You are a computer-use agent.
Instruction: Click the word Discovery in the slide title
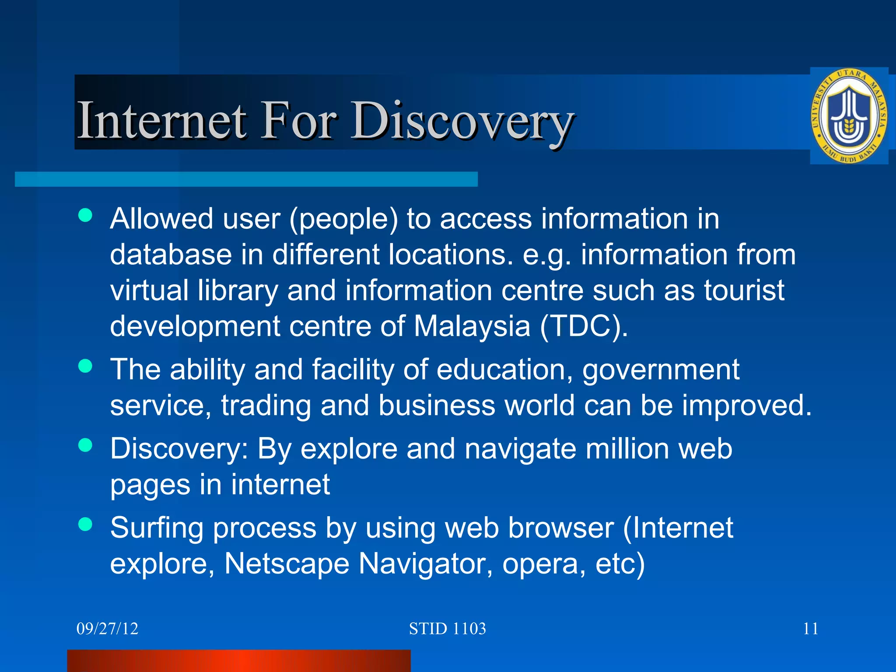tap(463, 121)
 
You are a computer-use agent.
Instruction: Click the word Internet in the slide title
tap(161, 120)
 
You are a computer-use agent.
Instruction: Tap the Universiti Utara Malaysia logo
tap(849, 116)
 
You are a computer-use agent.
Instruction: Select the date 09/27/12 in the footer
tap(107, 629)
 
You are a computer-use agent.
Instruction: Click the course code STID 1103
tap(447, 629)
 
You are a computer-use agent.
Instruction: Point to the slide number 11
tap(811, 629)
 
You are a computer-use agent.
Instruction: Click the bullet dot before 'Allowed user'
tap(85, 215)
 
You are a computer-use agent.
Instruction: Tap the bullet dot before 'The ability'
tap(85, 366)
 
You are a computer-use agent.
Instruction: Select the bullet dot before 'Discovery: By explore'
tap(85, 445)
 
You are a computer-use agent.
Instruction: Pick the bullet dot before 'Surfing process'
tap(85, 524)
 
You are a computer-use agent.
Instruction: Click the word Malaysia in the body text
tap(472, 326)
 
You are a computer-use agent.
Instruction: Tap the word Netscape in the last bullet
tap(287, 563)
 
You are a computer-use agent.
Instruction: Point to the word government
tap(661, 370)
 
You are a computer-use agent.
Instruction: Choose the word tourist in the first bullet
tap(744, 290)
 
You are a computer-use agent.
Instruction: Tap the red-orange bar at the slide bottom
tap(239, 661)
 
